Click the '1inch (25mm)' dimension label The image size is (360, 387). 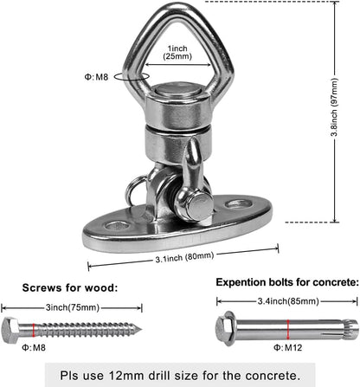coord(177,52)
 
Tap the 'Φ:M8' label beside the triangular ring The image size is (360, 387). coord(96,77)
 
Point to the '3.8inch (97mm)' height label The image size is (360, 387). coord(335,106)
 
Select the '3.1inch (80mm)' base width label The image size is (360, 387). coord(184,257)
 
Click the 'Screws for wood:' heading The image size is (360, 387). coord(70,287)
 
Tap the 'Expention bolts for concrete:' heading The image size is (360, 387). coord(287,282)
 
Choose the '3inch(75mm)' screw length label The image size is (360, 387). coord(73,307)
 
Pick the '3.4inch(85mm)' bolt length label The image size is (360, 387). coord(288,301)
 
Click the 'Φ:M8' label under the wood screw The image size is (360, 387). coord(34,347)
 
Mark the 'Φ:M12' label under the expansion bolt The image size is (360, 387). coord(287,348)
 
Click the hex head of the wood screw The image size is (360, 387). coord(10,330)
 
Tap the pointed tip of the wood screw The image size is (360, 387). coord(141,329)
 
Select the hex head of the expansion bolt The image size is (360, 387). coord(225,328)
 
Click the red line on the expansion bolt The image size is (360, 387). coord(287,329)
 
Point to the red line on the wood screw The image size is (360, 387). coord(34,330)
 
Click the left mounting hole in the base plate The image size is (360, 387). coord(117,225)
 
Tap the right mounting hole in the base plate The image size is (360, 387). coord(238,204)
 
